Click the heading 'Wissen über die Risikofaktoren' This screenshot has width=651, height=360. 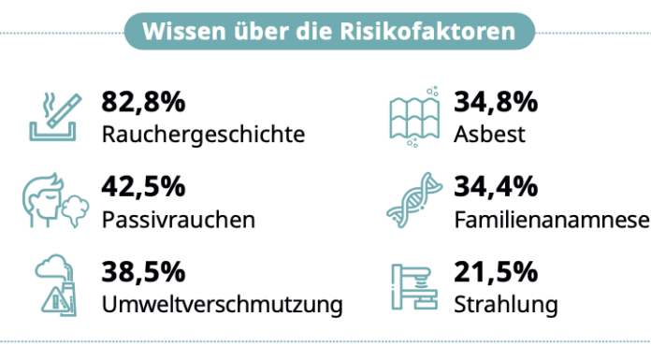(x=328, y=32)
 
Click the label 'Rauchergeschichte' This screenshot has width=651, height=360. (x=203, y=134)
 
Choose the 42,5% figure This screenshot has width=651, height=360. (x=143, y=187)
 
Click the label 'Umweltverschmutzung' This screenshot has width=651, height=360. (x=222, y=306)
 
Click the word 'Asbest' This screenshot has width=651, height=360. (x=489, y=134)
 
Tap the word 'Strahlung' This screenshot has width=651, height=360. (x=505, y=306)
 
